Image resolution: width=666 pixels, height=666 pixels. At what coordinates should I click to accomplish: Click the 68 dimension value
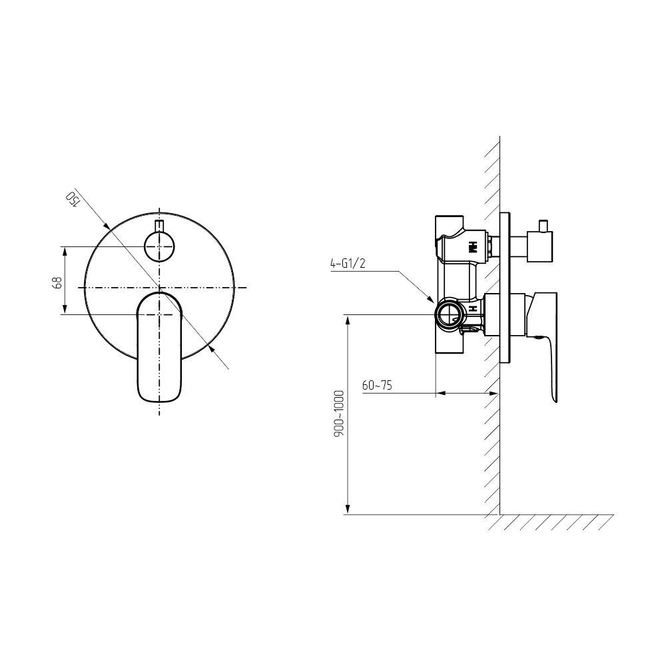click(x=57, y=283)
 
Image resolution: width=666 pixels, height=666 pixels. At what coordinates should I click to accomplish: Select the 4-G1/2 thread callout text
click(x=348, y=264)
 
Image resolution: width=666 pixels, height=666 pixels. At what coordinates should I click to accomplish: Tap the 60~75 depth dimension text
click(x=377, y=386)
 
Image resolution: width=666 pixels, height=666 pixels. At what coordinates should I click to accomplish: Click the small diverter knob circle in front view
click(x=159, y=247)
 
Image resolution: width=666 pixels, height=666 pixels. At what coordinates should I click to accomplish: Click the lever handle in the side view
click(x=542, y=340)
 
